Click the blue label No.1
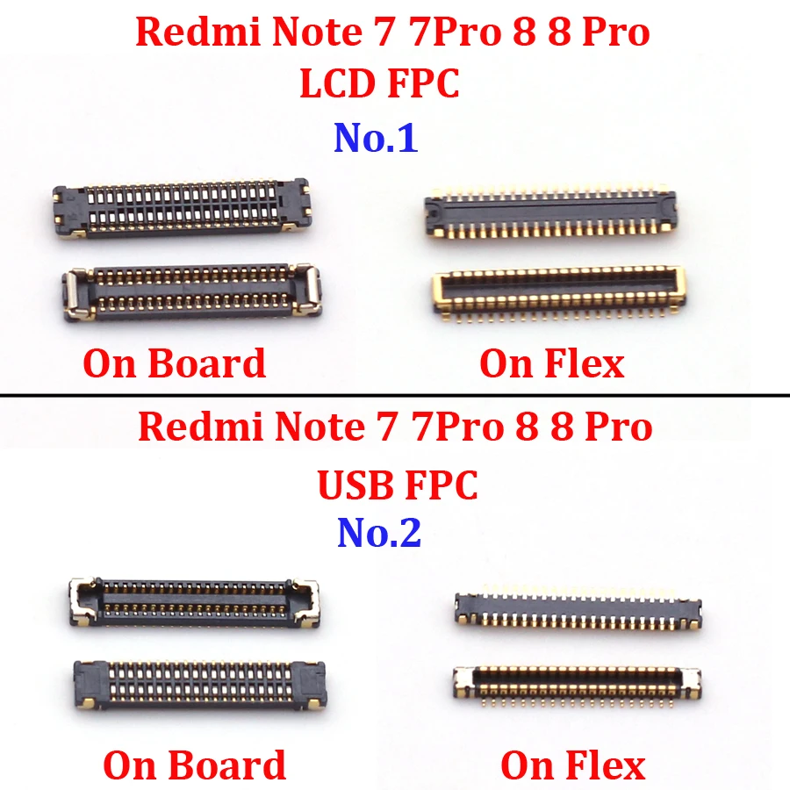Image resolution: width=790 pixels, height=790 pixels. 376,139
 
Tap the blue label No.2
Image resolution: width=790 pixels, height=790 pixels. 379,532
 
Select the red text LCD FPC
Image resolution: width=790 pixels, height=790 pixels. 380,84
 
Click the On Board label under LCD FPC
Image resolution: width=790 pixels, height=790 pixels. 174,363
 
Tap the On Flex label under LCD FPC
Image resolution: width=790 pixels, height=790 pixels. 551,363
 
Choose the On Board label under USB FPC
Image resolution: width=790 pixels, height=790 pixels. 195,765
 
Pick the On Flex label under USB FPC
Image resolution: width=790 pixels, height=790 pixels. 572,765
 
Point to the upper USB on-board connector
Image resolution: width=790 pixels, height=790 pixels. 194,601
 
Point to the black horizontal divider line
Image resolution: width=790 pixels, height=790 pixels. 395,396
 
